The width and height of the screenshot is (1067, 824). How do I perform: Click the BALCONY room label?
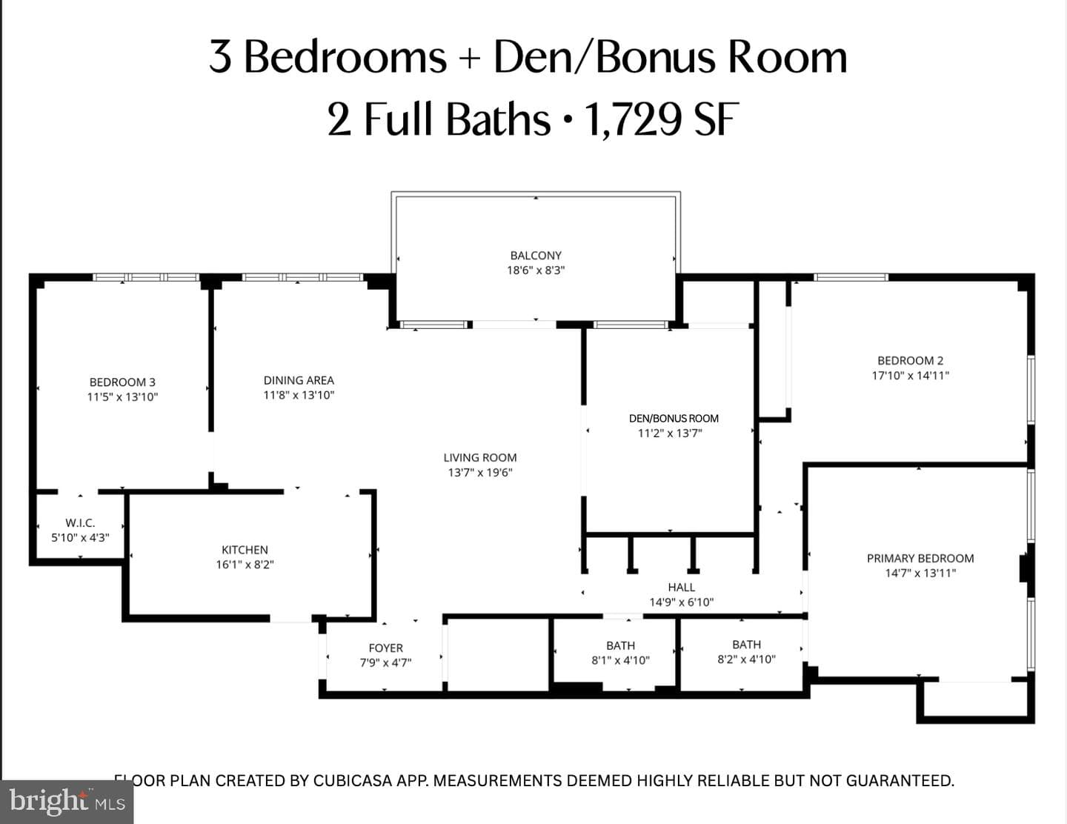[x=536, y=256]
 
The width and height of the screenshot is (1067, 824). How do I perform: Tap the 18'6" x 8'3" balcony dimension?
[x=536, y=270]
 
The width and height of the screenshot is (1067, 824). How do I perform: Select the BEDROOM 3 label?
[x=122, y=382]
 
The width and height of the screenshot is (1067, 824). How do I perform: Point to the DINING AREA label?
[x=299, y=380]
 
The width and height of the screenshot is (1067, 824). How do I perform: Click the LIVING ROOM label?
[x=480, y=458]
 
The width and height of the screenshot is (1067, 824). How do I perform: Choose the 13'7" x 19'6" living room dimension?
[x=480, y=473]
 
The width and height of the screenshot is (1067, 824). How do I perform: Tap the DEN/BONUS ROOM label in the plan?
[x=674, y=419]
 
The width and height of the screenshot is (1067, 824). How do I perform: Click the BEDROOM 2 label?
[x=911, y=360]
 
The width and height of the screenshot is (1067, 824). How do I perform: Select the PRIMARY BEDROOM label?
[x=920, y=558]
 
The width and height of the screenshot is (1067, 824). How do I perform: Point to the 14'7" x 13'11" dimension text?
[x=920, y=573]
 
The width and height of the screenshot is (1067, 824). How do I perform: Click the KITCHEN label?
[x=245, y=550]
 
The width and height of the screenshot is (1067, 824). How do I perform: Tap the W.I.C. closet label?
[x=80, y=523]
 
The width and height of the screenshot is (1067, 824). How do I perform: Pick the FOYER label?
[x=385, y=648]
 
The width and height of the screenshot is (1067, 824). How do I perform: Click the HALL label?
[x=682, y=588]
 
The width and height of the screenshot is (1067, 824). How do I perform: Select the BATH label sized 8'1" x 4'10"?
[x=621, y=645]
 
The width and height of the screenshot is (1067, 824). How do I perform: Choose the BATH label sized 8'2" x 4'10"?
[x=746, y=645]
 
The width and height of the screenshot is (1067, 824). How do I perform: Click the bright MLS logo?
[x=67, y=803]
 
